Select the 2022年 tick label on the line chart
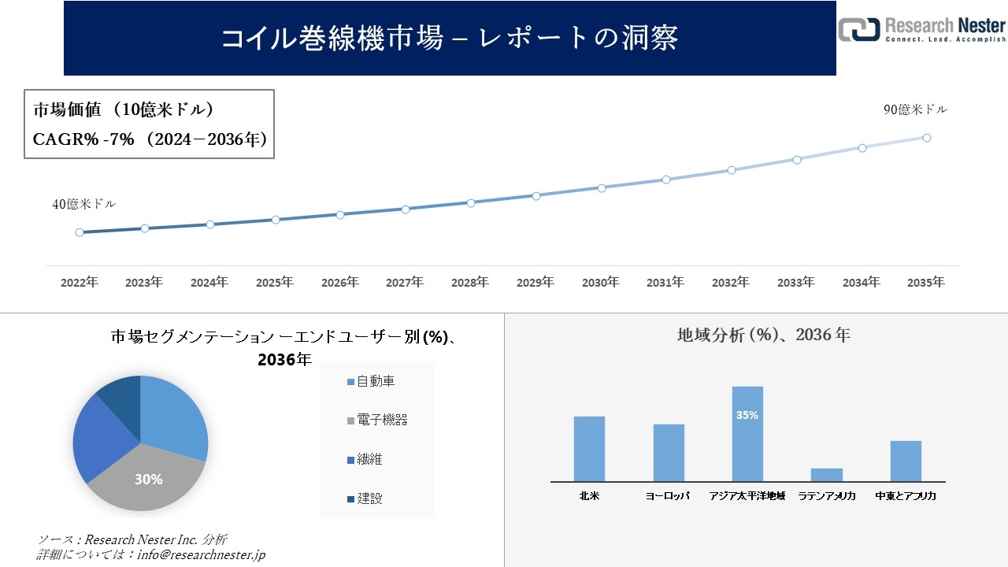[x=80, y=282]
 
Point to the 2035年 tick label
[x=926, y=282]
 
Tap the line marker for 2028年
[x=471, y=202]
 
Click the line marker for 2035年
[x=927, y=138]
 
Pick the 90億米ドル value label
[x=915, y=110]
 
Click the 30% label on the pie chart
[x=148, y=479]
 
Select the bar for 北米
[x=589, y=449]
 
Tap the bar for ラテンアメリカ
[x=827, y=475]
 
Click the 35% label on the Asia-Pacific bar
[x=747, y=415]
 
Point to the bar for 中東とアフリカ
[x=906, y=461]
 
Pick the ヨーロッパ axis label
[x=668, y=496]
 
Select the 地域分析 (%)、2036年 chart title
[x=763, y=335]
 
